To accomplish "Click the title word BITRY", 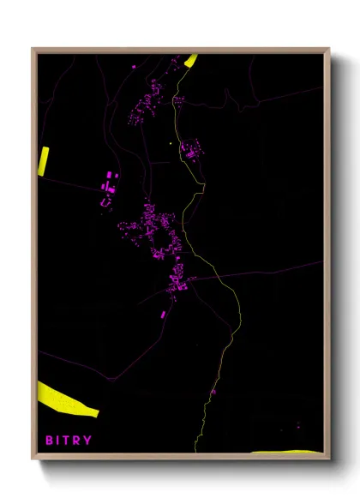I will [69, 441].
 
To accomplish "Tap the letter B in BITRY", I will [50, 441].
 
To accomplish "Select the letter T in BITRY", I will [69, 441].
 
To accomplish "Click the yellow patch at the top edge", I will [190, 60].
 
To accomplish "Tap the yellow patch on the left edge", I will [44, 160].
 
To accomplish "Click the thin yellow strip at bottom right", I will [287, 452].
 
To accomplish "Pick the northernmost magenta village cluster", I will [148, 101].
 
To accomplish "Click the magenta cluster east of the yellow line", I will [190, 151].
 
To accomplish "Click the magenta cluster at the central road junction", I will [177, 279].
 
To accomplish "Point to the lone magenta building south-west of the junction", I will [163, 315].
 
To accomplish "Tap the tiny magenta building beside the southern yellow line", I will [213, 392].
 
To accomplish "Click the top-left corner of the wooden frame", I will [33, 49].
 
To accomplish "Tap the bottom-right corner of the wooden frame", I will [329, 459].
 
